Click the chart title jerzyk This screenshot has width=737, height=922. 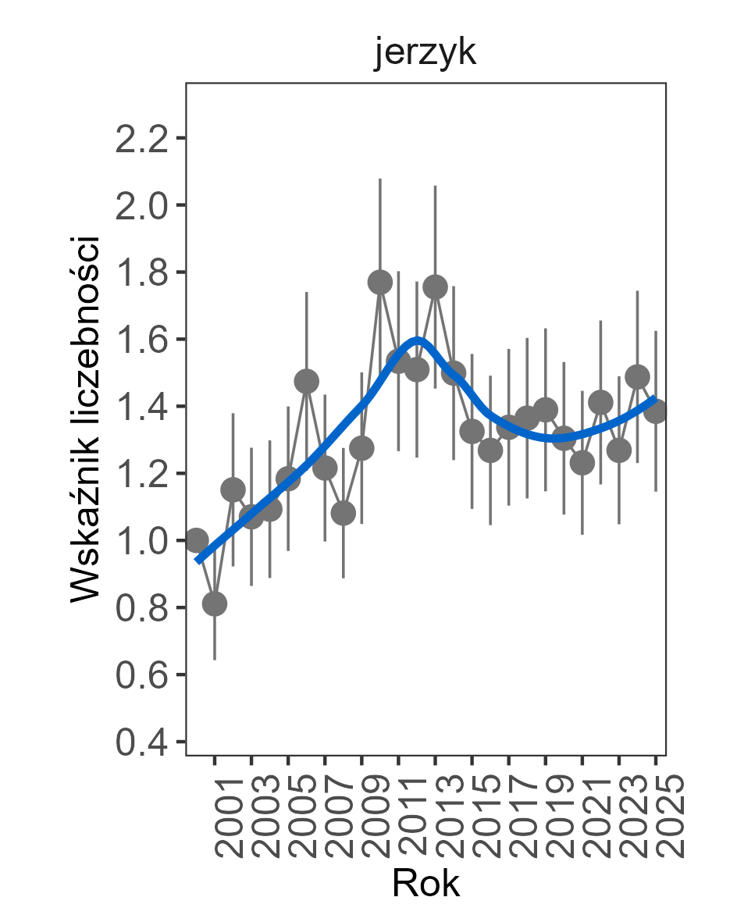(x=425, y=55)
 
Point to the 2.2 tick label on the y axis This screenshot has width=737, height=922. (x=141, y=139)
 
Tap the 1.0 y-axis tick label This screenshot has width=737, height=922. (x=141, y=541)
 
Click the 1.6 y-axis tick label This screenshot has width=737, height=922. (x=141, y=340)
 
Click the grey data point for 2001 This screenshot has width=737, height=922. (x=215, y=603)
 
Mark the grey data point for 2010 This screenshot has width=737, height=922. (x=380, y=282)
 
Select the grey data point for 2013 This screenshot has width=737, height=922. (x=435, y=287)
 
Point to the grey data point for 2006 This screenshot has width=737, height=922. (x=307, y=381)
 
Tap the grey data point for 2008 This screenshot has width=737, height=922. (x=344, y=513)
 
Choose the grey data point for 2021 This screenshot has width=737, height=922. (x=582, y=463)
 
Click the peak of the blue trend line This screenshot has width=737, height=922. (x=418, y=340)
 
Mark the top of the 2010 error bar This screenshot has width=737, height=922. (x=380, y=179)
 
